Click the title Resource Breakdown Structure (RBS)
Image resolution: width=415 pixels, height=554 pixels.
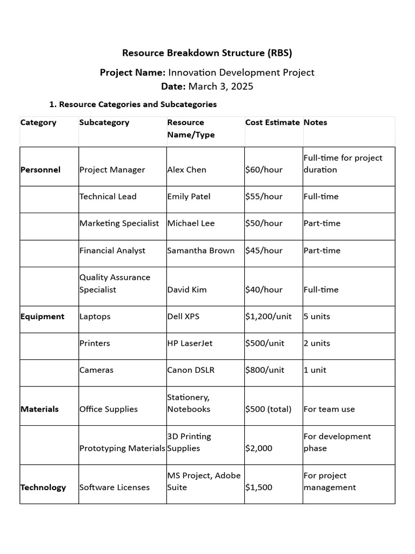[x=207, y=53]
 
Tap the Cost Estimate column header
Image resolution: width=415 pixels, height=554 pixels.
[x=272, y=122]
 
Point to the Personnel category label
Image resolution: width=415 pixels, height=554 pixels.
[x=41, y=170]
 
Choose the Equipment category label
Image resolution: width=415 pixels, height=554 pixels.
[x=42, y=316]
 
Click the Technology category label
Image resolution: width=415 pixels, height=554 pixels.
[x=43, y=487]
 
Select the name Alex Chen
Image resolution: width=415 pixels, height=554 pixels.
[x=186, y=170]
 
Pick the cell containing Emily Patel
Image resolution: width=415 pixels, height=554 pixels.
[x=189, y=196]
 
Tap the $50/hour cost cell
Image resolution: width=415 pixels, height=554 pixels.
[x=264, y=223]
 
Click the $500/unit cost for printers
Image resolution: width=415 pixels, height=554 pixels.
[x=265, y=344]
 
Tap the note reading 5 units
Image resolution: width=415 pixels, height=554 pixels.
[x=317, y=316]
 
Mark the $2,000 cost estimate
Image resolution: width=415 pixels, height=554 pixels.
[x=259, y=449]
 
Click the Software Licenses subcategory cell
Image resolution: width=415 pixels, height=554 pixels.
[x=115, y=487]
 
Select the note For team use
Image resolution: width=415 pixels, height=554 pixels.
[x=329, y=410]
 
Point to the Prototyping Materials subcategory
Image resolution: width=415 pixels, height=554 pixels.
[x=122, y=449]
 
